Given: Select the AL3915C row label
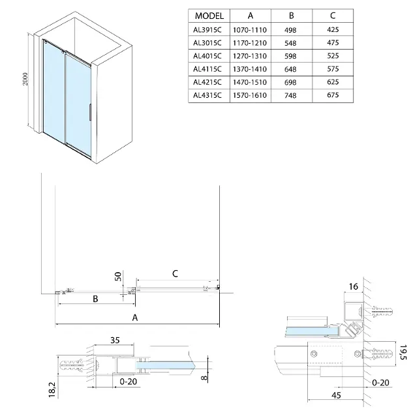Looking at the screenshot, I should coord(209,29).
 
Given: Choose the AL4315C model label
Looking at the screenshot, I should coord(209,95).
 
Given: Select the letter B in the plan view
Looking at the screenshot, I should coord(95,299).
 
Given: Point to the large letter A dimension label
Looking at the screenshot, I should coord(135,318).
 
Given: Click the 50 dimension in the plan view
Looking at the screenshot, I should coord(118,275).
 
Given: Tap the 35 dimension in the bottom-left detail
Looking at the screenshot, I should coord(115,340).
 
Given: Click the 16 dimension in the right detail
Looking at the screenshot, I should coord(354,286).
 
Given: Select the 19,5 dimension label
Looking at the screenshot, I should coord(403,353).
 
